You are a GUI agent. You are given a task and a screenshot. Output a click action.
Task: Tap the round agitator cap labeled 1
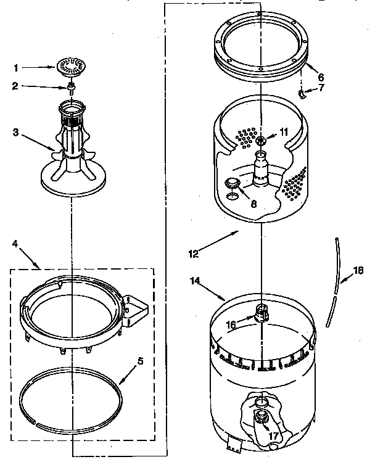[72, 67]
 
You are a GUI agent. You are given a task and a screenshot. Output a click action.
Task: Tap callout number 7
[321, 88]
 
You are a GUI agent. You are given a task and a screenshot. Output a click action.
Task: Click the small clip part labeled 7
[302, 94]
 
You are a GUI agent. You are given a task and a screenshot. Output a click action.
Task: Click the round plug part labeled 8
[233, 183]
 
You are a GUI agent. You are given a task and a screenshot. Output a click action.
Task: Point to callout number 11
[283, 132]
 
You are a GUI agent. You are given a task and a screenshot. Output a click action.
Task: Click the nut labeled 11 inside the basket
[261, 141]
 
